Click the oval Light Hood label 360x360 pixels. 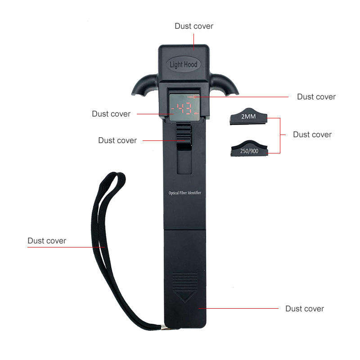tap(183, 64)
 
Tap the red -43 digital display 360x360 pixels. tap(184, 108)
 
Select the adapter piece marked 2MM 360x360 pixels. tap(248, 118)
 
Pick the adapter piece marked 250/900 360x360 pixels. tap(248, 150)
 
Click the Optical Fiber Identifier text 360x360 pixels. tap(184, 193)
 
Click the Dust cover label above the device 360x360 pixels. tap(194, 26)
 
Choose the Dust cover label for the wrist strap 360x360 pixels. tap(47, 241)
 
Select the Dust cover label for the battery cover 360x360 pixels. tap(305, 309)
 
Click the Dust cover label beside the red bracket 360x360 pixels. tap(312, 135)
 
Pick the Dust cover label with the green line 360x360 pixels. tap(316, 97)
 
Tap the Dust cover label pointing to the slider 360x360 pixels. tap(117, 140)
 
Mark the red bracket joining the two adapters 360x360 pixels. tap(280, 135)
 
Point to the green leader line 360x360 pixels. tap(243, 97)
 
